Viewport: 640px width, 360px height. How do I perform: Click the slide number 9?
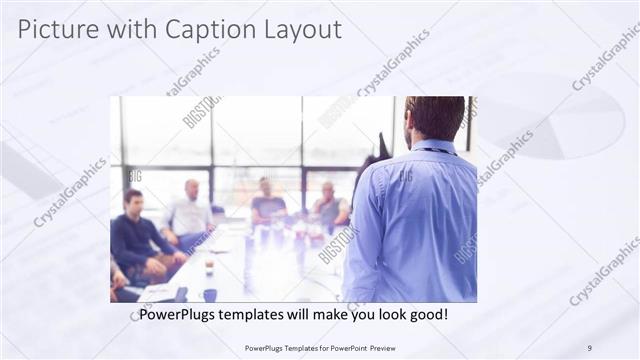[x=589, y=347]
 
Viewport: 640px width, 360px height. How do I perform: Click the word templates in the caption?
[x=259, y=314]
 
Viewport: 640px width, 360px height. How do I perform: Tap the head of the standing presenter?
[x=436, y=118]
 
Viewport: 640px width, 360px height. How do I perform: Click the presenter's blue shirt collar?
[x=433, y=149]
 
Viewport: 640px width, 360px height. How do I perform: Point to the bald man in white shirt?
[x=190, y=215]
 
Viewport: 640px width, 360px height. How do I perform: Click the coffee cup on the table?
[x=208, y=267]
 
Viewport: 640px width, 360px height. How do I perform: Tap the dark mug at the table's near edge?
[x=210, y=295]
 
